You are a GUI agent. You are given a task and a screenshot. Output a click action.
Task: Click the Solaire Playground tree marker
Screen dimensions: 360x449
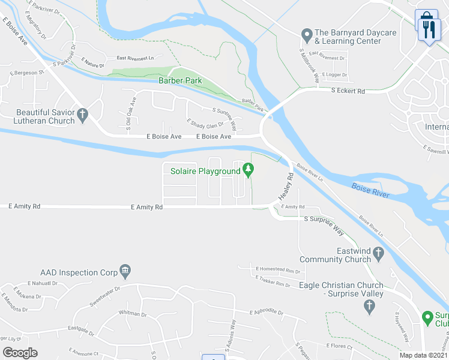[249, 172]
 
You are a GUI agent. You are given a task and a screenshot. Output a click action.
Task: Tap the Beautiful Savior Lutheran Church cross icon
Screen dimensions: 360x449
[83, 113]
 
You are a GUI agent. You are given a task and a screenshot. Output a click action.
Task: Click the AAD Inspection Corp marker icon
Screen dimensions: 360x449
[125, 272]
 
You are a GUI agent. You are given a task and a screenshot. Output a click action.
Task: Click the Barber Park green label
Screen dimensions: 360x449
[179, 80]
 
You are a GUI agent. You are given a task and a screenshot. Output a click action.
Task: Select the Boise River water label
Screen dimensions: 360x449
[370, 190]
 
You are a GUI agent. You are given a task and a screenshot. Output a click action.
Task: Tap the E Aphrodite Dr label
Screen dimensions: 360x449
[266, 313]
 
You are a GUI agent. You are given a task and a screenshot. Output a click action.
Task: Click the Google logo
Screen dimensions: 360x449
[20, 352]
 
